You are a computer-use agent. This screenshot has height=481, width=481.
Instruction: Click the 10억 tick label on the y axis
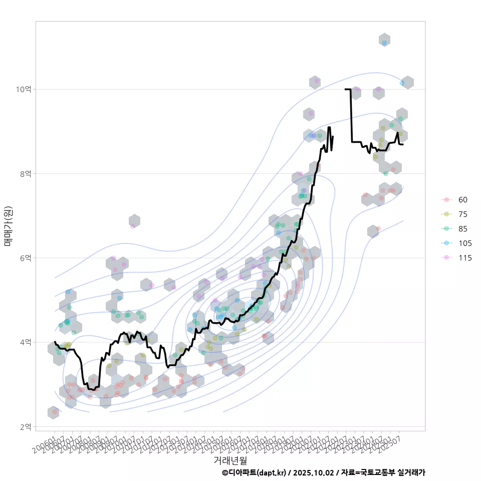coord(24,89)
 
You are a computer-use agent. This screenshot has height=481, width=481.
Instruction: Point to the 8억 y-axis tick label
coord(26,174)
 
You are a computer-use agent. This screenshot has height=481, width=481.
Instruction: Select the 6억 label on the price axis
coord(26,258)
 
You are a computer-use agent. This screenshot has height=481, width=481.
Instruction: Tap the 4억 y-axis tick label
coord(26,342)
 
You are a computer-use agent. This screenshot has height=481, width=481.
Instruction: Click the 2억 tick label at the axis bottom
coord(26,427)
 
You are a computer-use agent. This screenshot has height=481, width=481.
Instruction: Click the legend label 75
coord(462,214)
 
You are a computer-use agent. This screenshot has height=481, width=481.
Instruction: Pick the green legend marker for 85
coord(446,228)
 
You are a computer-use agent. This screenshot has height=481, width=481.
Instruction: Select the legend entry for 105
coord(464,243)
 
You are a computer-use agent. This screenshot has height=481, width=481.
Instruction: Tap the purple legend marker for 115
coord(446,258)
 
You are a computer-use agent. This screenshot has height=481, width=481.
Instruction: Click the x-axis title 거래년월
coord(230,460)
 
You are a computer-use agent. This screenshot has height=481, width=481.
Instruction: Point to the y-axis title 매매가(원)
coord(8,225)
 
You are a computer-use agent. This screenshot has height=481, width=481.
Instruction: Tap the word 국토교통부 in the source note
coord(378,472)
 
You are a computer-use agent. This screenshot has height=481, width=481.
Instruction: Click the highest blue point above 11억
coord(384,43)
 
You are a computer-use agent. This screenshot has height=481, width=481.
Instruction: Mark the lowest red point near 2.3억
coord(55,412)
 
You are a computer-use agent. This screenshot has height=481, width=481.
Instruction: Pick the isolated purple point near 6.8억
coord(133,226)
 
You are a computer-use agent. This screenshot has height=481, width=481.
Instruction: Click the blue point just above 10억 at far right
coord(402,83)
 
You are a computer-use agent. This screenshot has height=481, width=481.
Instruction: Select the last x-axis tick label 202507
coord(392,441)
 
